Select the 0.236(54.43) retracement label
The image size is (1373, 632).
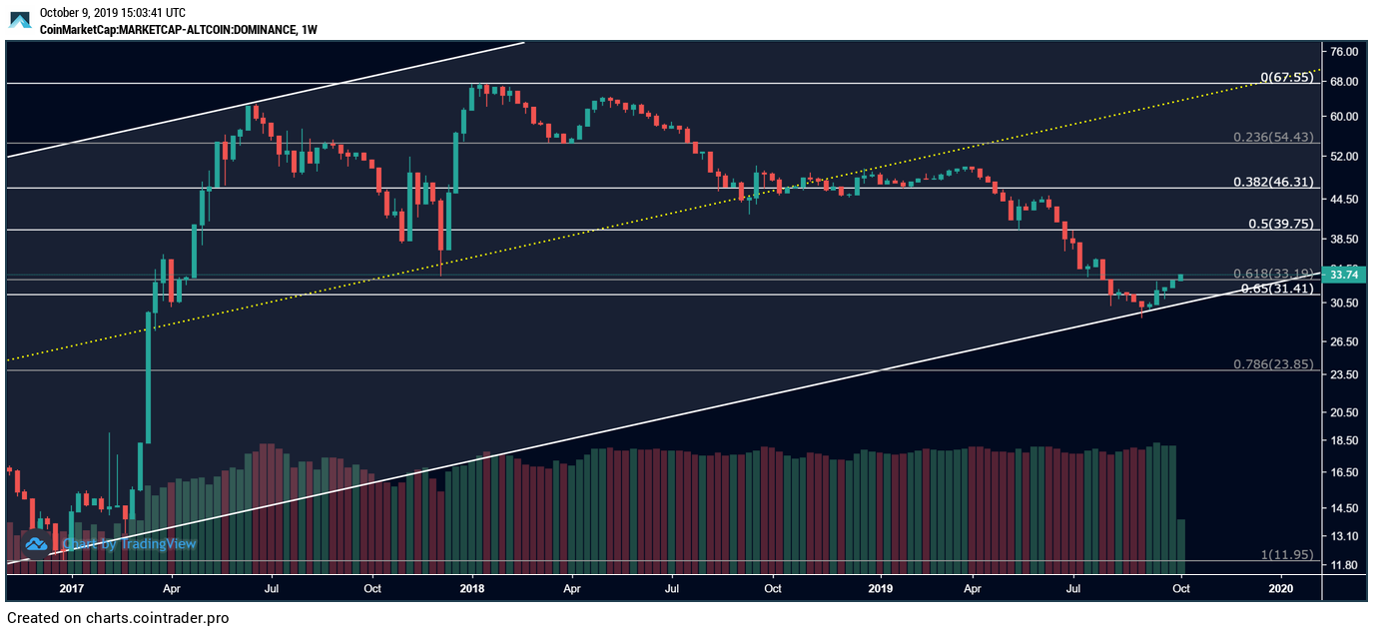[1281, 137]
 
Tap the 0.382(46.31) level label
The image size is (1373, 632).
[1281, 182]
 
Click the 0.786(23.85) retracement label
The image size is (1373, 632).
[1281, 363]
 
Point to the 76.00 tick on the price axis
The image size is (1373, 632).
[1343, 51]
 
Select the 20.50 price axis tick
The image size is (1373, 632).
[1343, 411]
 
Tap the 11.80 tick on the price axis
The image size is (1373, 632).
[1343, 565]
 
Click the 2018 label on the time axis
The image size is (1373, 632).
[472, 589]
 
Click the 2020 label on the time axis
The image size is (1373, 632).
[1280, 589]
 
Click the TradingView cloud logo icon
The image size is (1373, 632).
[37, 544]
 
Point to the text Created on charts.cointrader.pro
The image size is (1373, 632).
[118, 618]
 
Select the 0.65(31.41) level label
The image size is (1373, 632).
[1280, 289]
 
